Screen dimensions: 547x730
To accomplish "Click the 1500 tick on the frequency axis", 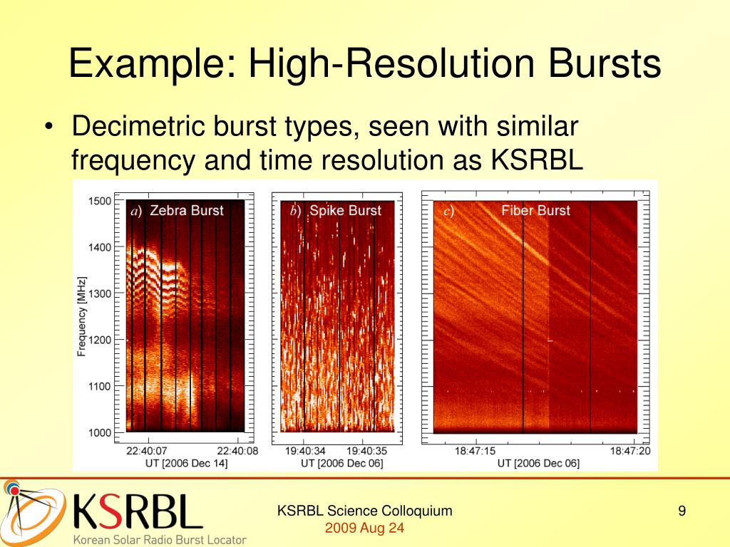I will (x=100, y=201).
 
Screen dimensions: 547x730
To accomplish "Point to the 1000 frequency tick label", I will (x=100, y=433).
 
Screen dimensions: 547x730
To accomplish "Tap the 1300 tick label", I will (x=100, y=294).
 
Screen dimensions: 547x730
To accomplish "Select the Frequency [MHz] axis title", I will (x=82, y=316).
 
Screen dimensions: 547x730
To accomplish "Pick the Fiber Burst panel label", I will (x=535, y=211).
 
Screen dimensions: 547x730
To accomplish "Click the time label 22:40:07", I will (x=147, y=450).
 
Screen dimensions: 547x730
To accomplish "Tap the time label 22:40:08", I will (x=238, y=450).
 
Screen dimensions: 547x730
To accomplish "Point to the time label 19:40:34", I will (x=304, y=450).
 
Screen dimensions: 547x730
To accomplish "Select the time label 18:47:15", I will (x=475, y=450).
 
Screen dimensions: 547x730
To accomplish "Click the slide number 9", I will (x=682, y=511).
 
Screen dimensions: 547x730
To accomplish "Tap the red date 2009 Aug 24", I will (x=364, y=528).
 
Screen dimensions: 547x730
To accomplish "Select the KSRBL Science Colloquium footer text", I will (x=364, y=511).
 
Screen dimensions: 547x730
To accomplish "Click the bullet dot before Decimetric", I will (x=48, y=129).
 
